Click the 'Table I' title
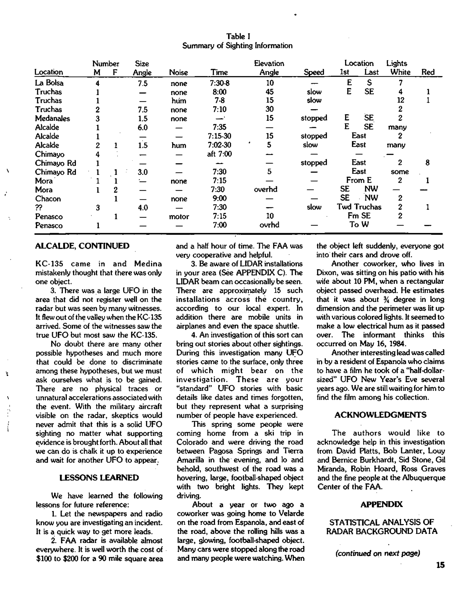click(x=238, y=36)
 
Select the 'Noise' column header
click(x=178, y=72)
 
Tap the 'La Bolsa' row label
click(x=49, y=83)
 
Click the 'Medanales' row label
click(x=52, y=118)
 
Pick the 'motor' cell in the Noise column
click(x=179, y=217)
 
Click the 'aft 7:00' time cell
click(x=219, y=154)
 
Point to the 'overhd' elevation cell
click(x=265, y=190)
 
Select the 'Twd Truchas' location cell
click(x=359, y=207)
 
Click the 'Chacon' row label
click(x=48, y=199)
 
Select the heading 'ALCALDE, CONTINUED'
click(x=82, y=246)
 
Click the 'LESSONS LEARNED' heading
click(x=99, y=478)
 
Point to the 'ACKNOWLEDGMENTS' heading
click(x=380, y=415)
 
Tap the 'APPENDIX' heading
click(x=381, y=504)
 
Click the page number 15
click(x=440, y=565)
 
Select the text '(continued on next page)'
click(x=377, y=553)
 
